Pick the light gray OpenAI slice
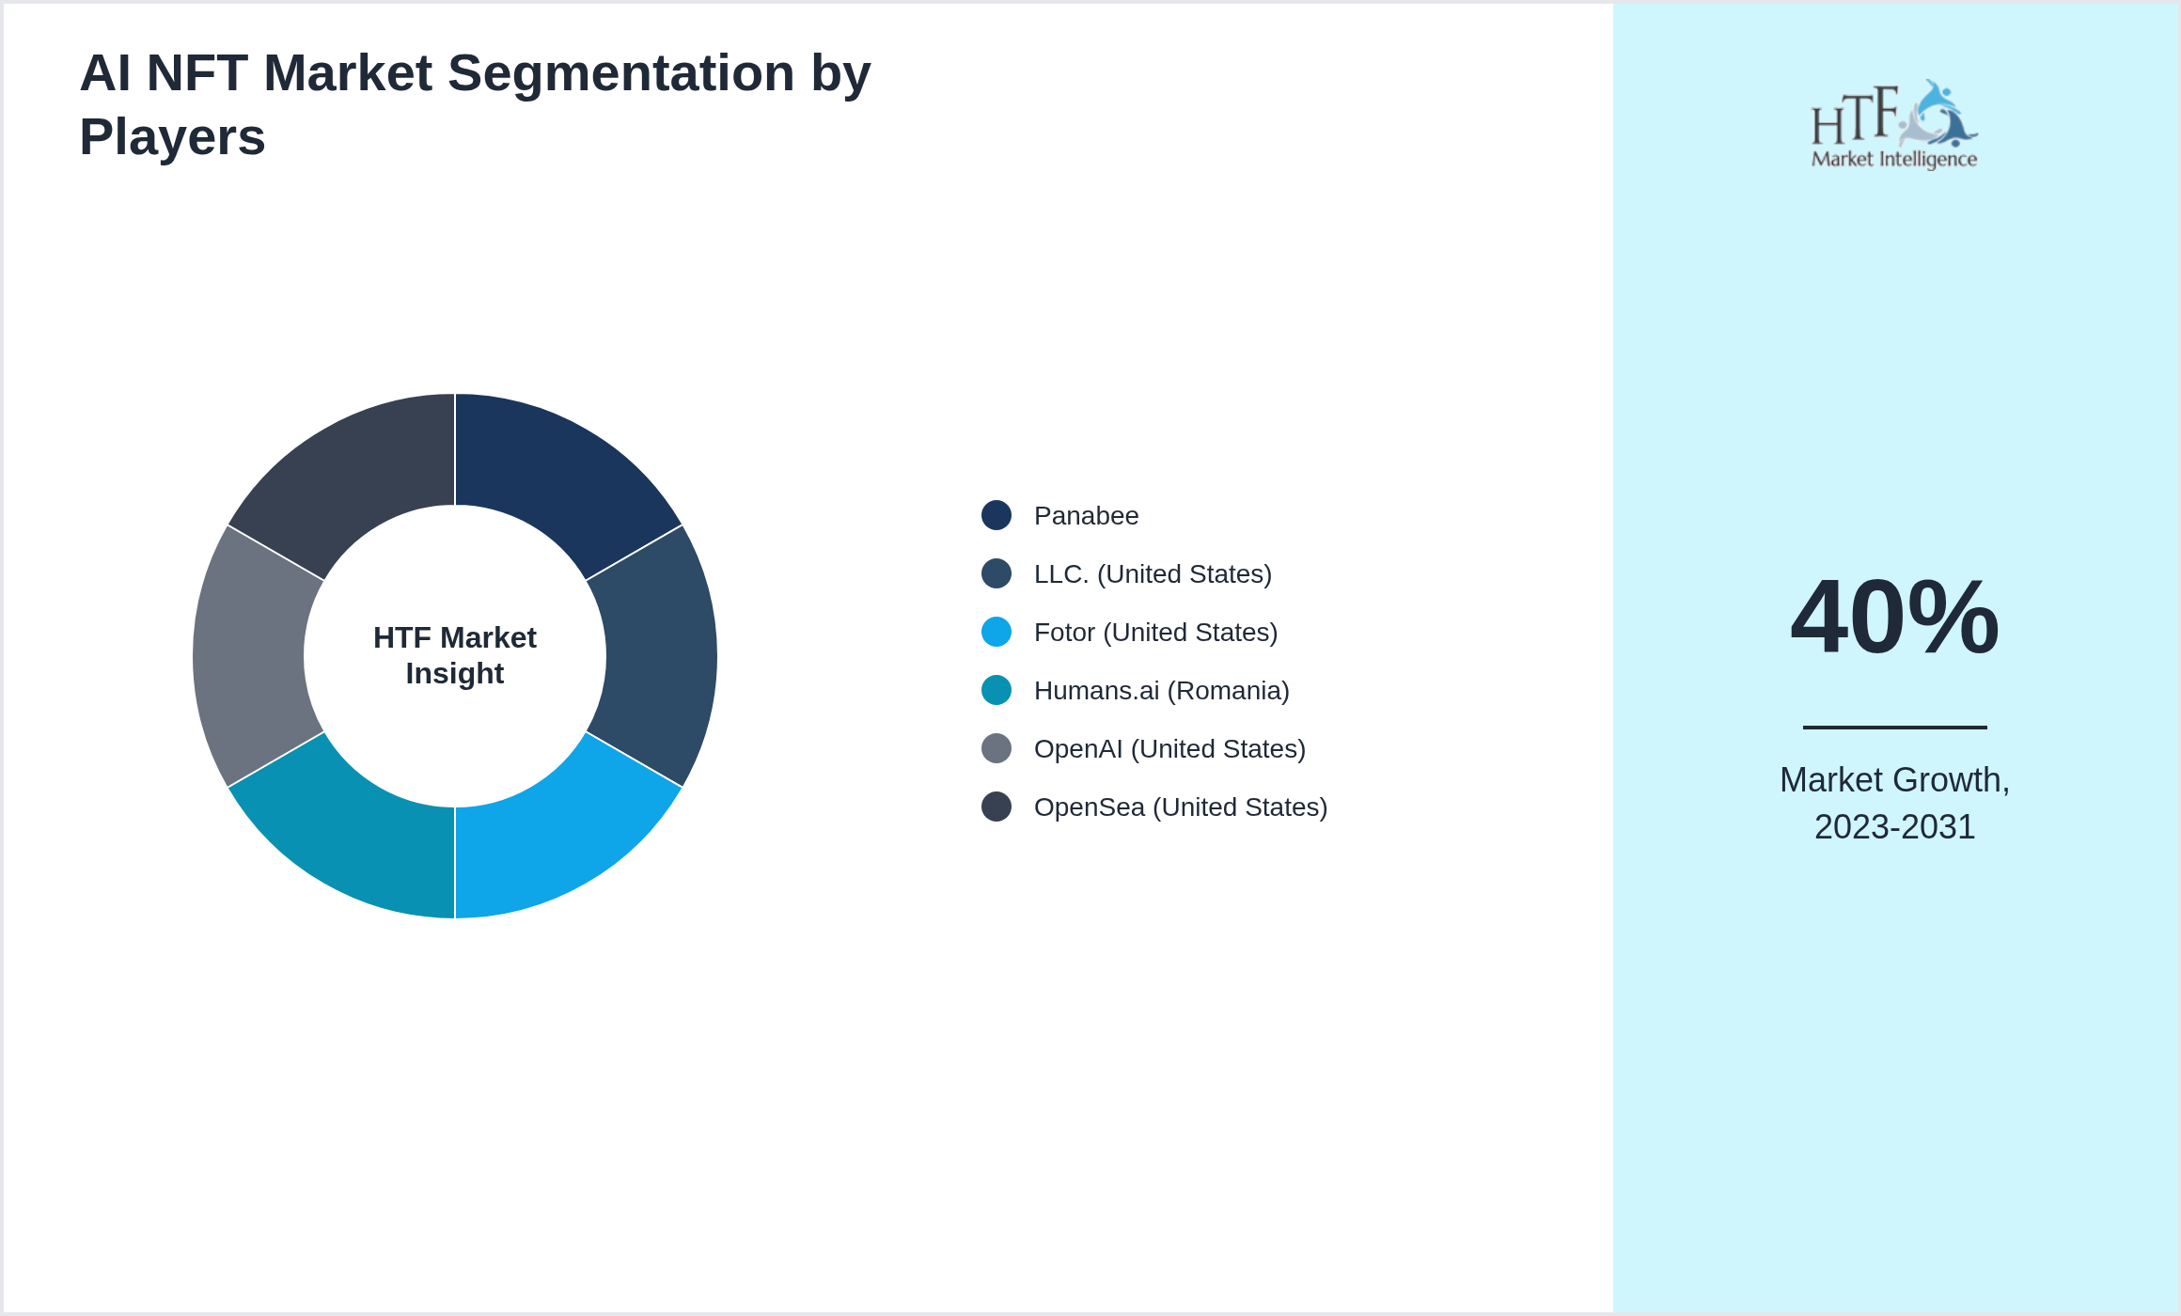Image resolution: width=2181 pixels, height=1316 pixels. [x=248, y=656]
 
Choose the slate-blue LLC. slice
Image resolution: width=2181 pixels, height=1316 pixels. [x=662, y=656]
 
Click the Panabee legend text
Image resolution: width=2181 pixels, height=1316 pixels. [x=1086, y=516]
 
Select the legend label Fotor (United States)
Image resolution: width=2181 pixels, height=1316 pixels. [x=1155, y=633]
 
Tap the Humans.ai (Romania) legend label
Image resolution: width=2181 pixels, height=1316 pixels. [x=1161, y=691]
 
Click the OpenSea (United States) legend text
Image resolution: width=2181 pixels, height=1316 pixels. [x=1180, y=807]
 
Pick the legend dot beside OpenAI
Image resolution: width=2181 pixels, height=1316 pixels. [x=996, y=749]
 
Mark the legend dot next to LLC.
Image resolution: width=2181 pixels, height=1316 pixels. [x=996, y=574]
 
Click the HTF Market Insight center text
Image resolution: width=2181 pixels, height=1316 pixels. [x=455, y=656]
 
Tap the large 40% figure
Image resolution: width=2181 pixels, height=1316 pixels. [x=1894, y=618]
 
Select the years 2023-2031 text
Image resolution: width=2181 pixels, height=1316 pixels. [x=1894, y=827]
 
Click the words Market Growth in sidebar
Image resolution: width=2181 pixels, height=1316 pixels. [x=1894, y=780]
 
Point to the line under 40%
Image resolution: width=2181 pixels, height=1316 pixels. [x=1894, y=727]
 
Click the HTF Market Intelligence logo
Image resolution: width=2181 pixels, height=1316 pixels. [x=1894, y=125]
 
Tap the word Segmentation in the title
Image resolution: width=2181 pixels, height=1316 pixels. [x=621, y=73]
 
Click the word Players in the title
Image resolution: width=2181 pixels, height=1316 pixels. [x=173, y=137]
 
